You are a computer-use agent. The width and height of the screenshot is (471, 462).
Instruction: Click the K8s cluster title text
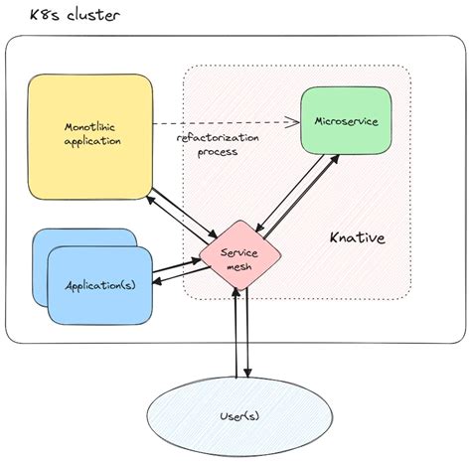point(62,17)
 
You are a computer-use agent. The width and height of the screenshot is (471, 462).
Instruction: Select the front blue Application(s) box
point(99,285)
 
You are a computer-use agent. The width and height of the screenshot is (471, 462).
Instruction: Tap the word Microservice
point(345,122)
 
